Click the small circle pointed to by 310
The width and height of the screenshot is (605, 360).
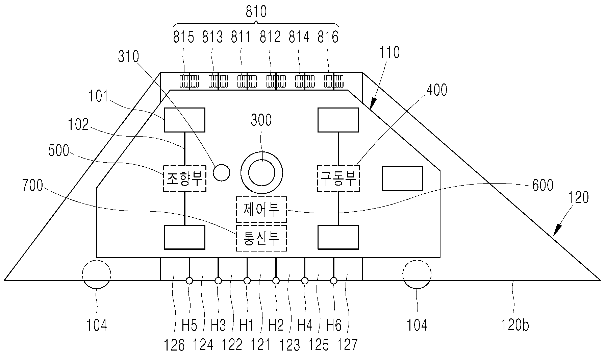pyautogui.click(x=222, y=172)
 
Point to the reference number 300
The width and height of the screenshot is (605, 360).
pyautogui.click(x=261, y=120)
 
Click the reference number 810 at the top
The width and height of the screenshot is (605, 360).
pyautogui.click(x=256, y=11)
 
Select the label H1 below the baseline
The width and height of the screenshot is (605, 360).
pyautogui.click(x=247, y=326)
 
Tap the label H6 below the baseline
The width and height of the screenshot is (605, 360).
pyautogui.click(x=333, y=326)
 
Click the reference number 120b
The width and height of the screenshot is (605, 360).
pyautogui.click(x=515, y=325)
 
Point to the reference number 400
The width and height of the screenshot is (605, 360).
pyautogui.click(x=437, y=90)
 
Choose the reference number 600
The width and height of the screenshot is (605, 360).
pyautogui.click(x=543, y=185)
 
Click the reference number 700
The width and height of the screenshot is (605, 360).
pyautogui.click(x=33, y=186)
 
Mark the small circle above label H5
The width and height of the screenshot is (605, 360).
pyautogui.click(x=189, y=281)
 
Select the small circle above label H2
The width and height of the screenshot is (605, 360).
pyautogui.click(x=276, y=281)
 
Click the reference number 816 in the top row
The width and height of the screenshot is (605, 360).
pyautogui.click(x=328, y=37)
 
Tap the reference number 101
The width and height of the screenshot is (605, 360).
pyautogui.click(x=98, y=96)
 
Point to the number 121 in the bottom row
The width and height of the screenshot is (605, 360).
pyautogui.click(x=261, y=345)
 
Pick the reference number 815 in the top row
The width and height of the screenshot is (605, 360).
pyautogui.click(x=183, y=37)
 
